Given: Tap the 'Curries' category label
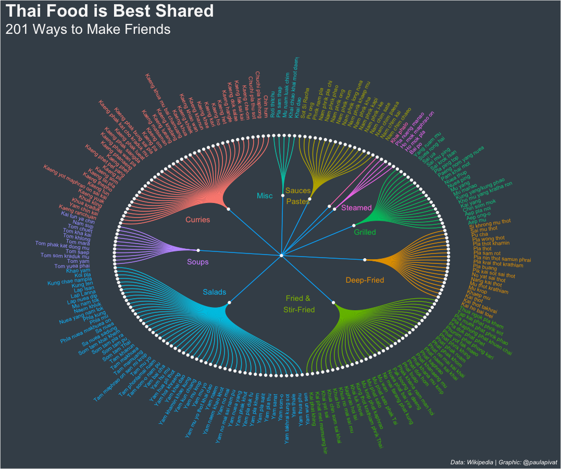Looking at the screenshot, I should pos(197,220).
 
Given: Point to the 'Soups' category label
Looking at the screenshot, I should pos(197,262).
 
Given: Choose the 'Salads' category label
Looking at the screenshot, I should pos(215,292).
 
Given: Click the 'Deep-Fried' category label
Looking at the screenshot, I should pos(365,281).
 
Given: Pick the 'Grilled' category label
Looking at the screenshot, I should pos(365,232).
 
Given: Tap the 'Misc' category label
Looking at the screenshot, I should pos(265,196).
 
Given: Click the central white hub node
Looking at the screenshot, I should pos(281,255).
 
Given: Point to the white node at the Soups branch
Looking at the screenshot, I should pos(198,250).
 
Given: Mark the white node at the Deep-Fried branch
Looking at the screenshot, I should pos(365,259).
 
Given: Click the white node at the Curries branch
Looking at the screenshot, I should pos(229,209).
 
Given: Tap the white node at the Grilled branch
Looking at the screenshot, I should pos(354,225).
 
